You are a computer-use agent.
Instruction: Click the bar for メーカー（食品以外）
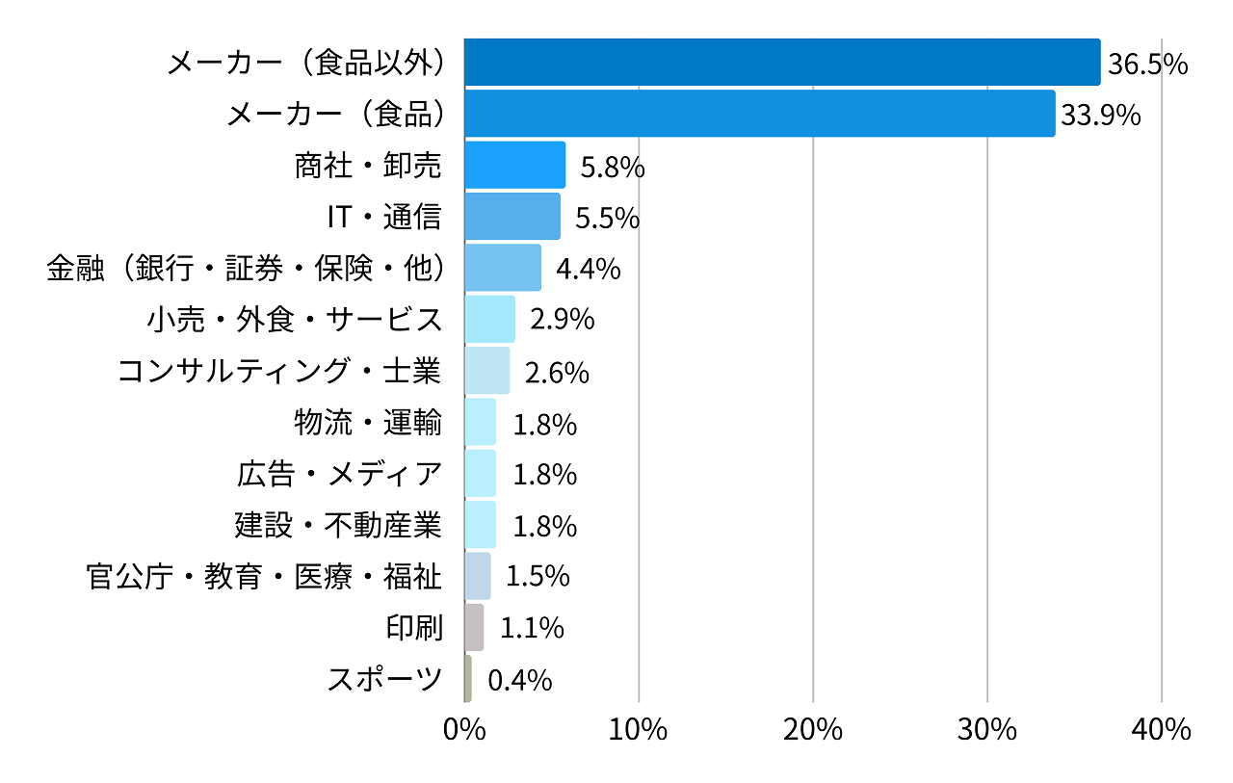click(x=781, y=63)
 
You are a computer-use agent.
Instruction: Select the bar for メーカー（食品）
click(x=759, y=114)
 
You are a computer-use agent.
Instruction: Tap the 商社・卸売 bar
click(x=514, y=165)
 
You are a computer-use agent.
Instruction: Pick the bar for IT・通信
click(x=512, y=216)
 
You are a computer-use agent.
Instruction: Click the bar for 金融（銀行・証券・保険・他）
click(x=502, y=268)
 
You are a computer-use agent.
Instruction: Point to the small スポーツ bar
click(x=468, y=679)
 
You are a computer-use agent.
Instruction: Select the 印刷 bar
click(x=474, y=628)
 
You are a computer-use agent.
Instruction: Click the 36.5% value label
click(x=1147, y=65)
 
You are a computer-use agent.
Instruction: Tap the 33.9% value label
click(x=1100, y=116)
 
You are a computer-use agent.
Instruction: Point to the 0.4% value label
click(x=520, y=680)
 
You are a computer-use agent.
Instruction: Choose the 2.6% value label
click(x=557, y=372)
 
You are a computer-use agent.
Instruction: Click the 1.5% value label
click(x=538, y=577)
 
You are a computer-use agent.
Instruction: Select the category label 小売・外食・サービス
click(x=295, y=319)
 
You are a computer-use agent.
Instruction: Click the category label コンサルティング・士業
click(x=279, y=371)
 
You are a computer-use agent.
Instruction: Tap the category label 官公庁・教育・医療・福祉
click(x=264, y=577)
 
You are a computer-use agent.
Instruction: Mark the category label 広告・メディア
click(x=339, y=474)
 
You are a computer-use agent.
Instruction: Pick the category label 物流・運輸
click(x=368, y=422)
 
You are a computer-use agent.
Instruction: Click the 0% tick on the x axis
click(x=464, y=730)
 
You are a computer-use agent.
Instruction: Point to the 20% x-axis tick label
click(x=813, y=730)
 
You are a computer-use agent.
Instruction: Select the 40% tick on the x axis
click(x=1162, y=730)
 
